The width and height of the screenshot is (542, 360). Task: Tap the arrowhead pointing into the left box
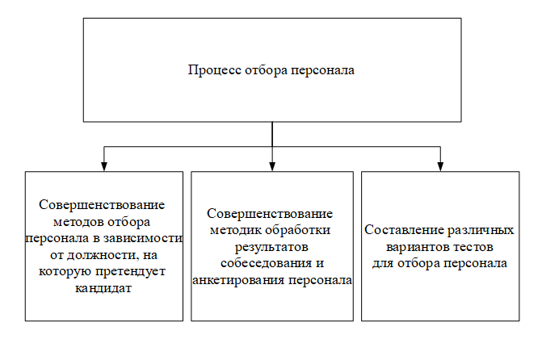[x=104, y=166]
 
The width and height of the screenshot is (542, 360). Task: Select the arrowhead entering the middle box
[x=272, y=166]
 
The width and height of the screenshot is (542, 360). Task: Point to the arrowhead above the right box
[x=440, y=166]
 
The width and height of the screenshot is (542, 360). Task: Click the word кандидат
[x=103, y=288]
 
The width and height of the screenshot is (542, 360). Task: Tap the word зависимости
[x=143, y=238]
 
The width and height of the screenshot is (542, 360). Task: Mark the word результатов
[x=271, y=247]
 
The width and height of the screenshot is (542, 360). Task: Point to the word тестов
[x=473, y=247]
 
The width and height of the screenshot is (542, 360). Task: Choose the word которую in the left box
[x=65, y=271]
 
